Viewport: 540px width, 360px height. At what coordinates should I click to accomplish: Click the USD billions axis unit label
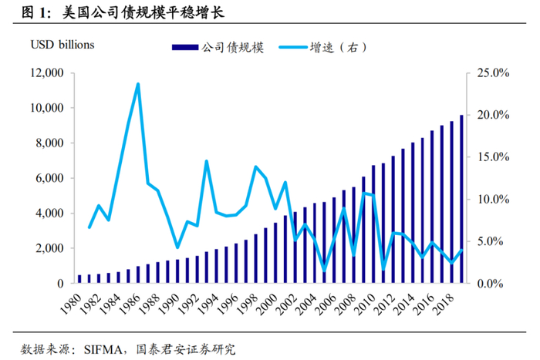click(x=63, y=45)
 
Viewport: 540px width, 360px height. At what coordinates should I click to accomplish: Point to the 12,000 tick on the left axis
click(x=46, y=73)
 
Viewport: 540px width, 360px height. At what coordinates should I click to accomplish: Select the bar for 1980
click(x=79, y=279)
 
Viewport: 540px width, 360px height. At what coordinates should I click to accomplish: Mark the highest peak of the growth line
click(x=138, y=84)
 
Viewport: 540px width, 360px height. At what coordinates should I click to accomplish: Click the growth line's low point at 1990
click(x=178, y=247)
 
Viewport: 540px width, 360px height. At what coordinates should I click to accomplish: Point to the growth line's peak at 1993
click(x=207, y=161)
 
